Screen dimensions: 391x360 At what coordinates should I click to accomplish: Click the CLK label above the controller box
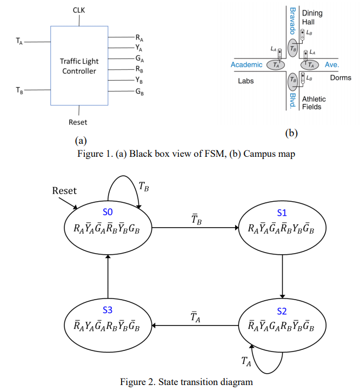79,10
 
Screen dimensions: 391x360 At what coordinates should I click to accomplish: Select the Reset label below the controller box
78,122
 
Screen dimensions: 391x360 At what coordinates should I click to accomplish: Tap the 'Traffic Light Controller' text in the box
79,66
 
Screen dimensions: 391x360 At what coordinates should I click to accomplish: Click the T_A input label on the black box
19,41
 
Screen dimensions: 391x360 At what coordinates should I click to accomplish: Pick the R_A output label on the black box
140,38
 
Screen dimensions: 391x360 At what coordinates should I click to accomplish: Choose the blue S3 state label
108,310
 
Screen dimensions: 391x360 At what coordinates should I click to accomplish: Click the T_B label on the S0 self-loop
144,187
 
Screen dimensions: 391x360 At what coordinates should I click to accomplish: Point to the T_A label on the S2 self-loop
247,361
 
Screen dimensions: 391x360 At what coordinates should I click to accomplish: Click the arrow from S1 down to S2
283,276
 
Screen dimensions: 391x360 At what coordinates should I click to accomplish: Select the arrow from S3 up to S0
108,276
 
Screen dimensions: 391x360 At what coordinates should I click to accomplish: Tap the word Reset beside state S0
64,190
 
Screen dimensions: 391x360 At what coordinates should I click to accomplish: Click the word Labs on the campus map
246,82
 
